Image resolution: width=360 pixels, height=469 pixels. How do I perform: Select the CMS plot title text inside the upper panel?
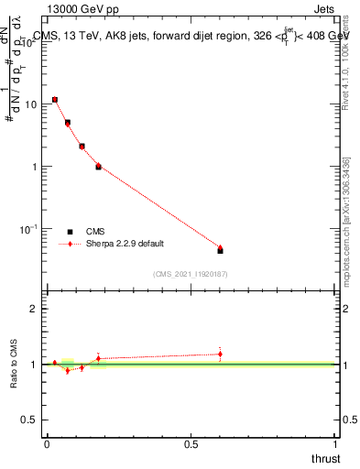190,36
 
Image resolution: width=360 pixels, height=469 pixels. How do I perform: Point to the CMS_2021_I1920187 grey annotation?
191,273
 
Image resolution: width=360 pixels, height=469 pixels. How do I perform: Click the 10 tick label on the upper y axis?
30,104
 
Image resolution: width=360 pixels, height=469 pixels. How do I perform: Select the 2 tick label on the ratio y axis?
34,309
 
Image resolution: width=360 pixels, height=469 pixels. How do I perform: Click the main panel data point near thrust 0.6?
220,249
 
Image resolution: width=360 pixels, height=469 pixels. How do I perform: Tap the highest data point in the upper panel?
55,99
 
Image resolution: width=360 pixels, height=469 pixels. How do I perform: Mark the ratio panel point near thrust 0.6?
220,354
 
